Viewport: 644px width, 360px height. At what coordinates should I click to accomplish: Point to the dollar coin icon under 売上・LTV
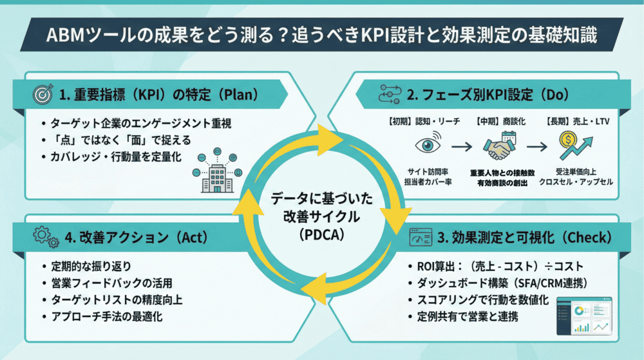[x=567, y=138]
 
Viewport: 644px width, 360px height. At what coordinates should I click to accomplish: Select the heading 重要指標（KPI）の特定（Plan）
[x=158, y=95]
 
